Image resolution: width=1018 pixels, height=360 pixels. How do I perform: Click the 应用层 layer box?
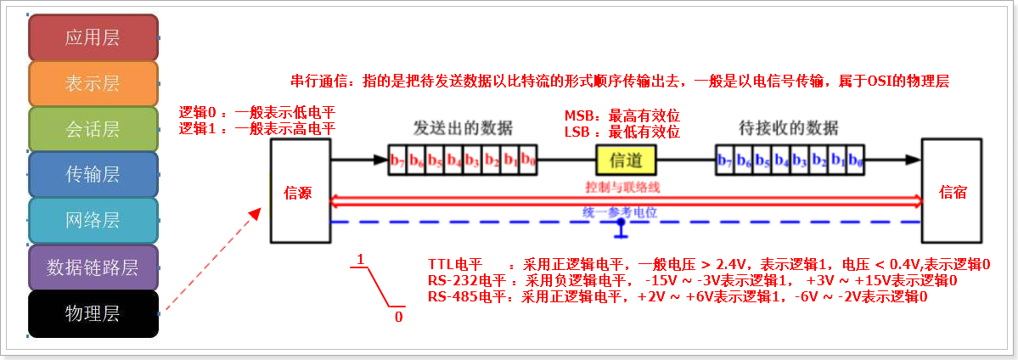(x=93, y=37)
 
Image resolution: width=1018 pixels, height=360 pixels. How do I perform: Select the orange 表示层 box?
(x=93, y=83)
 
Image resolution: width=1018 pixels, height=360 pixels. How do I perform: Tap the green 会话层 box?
(x=93, y=129)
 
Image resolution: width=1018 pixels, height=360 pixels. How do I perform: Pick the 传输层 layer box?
(x=93, y=175)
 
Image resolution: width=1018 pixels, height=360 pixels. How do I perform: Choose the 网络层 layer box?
(x=93, y=221)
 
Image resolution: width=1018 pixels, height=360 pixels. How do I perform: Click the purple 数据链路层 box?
(x=93, y=268)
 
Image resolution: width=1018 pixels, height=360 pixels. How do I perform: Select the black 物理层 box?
(x=93, y=314)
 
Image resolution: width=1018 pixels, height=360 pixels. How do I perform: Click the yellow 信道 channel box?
(x=627, y=159)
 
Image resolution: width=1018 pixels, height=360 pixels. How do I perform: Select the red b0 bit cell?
(x=528, y=160)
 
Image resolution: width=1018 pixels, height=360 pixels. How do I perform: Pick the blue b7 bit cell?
(x=725, y=160)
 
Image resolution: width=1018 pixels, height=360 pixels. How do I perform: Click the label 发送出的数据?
(x=463, y=128)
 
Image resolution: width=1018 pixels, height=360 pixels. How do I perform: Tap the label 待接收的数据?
(x=789, y=128)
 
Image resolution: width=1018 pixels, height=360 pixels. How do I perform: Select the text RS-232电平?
(x=466, y=280)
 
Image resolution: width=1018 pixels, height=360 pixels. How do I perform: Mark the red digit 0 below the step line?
(x=398, y=318)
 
